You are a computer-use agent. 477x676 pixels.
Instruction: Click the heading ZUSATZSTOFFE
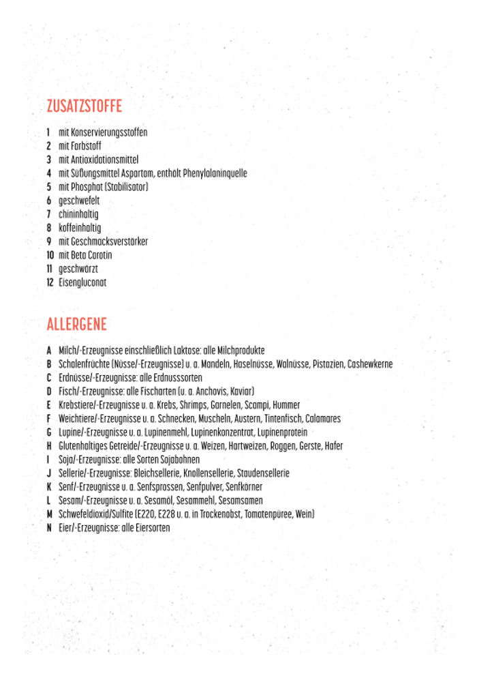click(x=84, y=106)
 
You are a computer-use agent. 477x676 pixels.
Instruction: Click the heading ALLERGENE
click(x=77, y=324)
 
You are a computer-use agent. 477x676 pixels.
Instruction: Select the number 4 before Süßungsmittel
click(x=49, y=173)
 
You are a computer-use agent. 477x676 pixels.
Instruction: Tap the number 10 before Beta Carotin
click(x=50, y=255)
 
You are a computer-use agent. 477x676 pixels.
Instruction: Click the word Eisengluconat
click(x=82, y=282)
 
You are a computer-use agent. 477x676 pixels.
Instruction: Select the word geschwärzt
click(x=78, y=269)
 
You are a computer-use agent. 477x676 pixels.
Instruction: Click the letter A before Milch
click(x=49, y=351)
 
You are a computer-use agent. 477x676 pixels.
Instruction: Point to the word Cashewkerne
click(x=370, y=364)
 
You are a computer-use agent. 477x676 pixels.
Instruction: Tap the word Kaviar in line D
click(x=241, y=392)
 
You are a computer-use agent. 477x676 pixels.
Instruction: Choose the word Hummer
click(x=287, y=405)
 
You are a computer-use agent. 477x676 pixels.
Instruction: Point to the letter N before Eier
click(x=49, y=528)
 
